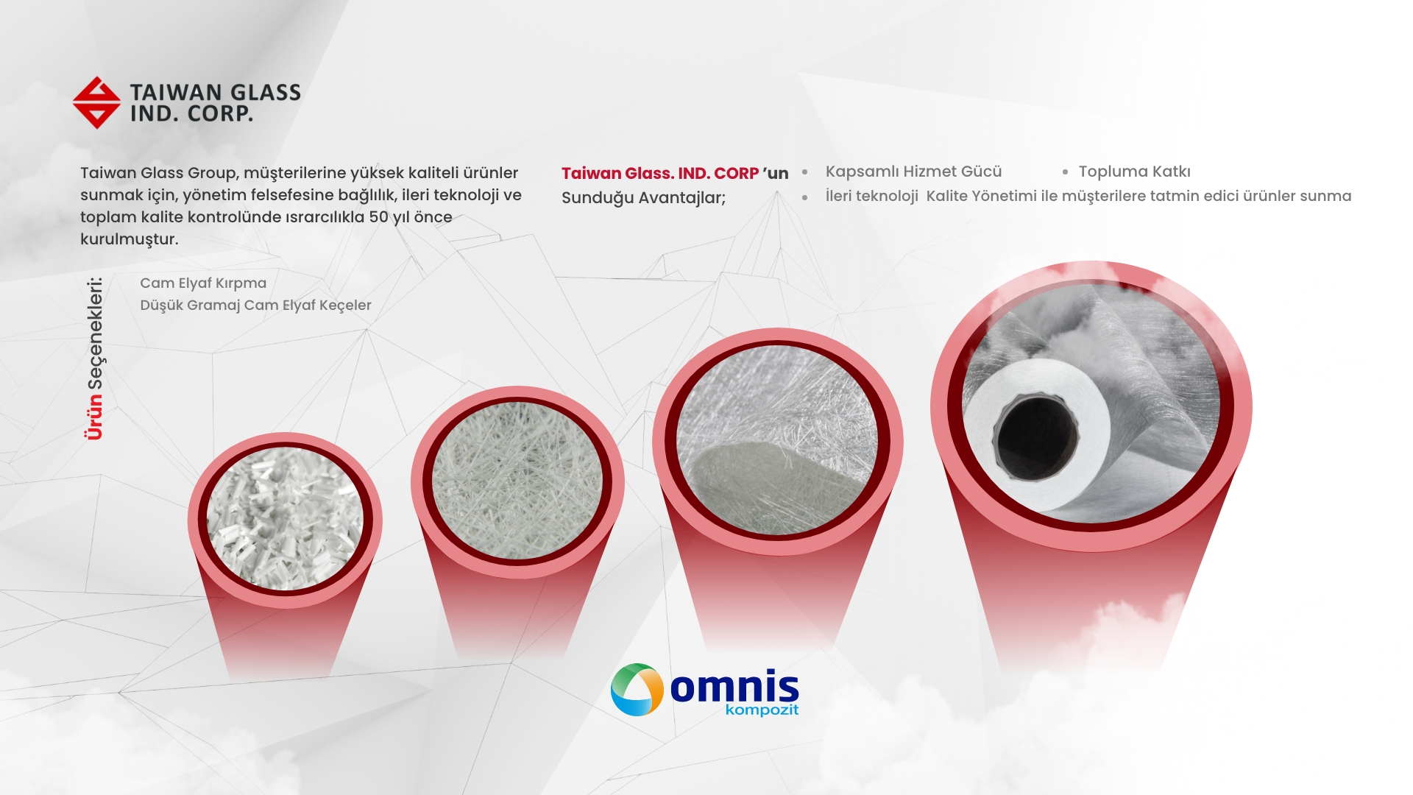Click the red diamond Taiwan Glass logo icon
(x=96, y=102)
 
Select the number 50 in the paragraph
(x=378, y=217)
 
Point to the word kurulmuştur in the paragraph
(x=129, y=239)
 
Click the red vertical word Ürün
(x=94, y=417)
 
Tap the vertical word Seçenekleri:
(x=96, y=333)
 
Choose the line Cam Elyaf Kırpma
(x=203, y=283)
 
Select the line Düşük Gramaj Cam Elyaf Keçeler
(x=255, y=305)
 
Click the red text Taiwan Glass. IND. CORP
(x=660, y=174)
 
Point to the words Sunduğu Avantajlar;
(x=643, y=198)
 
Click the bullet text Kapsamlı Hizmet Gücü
(x=913, y=172)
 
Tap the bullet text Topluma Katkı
(x=1134, y=172)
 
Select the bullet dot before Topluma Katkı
(x=1065, y=172)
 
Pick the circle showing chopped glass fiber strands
(x=285, y=520)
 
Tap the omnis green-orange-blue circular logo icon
(x=637, y=690)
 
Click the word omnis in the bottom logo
(x=734, y=686)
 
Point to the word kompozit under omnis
(x=762, y=710)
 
